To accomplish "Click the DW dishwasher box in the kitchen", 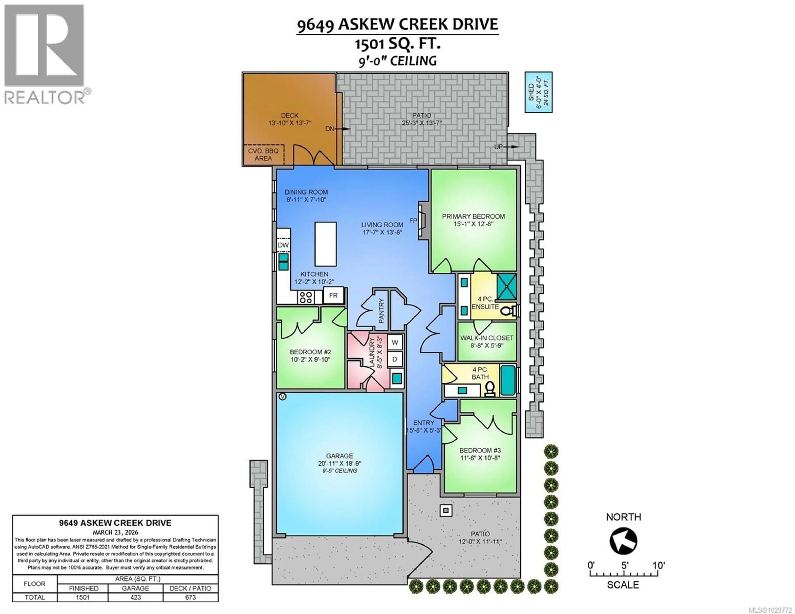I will pyautogui.click(x=283, y=245).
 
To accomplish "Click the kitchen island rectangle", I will pyautogui.click(x=325, y=244).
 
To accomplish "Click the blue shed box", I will pyautogui.click(x=538, y=92).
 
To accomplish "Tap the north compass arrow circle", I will pyautogui.click(x=623, y=541).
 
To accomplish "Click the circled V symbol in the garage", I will pyautogui.click(x=282, y=396).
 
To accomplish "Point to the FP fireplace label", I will pyautogui.click(x=413, y=221).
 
